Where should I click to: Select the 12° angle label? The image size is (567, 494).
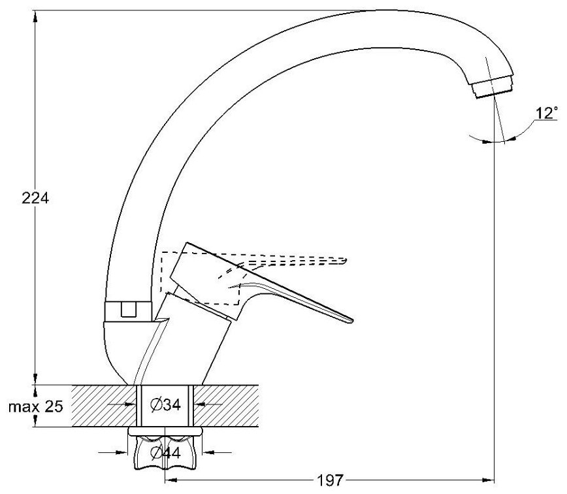click(x=546, y=114)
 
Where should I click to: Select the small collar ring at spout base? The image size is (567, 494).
click(x=129, y=310)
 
